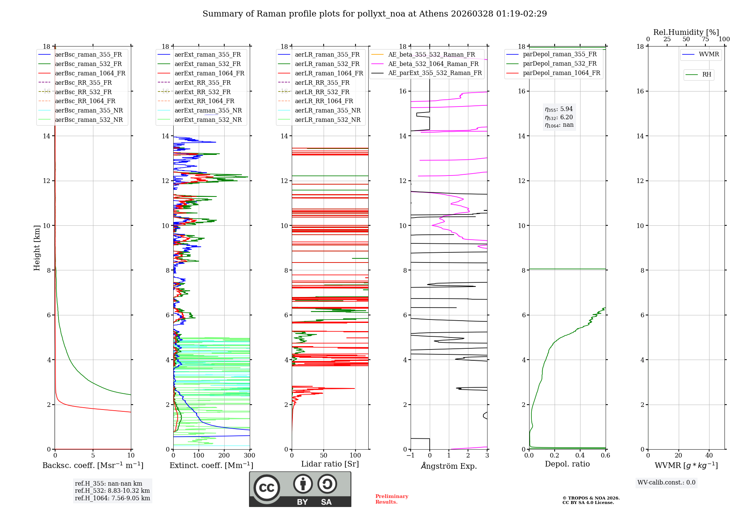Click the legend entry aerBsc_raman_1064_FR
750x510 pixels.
[90, 73]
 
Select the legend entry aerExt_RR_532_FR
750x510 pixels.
[202, 92]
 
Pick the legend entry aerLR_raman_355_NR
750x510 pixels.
[327, 110]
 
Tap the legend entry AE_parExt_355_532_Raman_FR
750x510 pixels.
[435, 73]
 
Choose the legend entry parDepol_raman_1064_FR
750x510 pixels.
[561, 73]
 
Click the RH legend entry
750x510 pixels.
[706, 75]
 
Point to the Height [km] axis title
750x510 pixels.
[37, 248]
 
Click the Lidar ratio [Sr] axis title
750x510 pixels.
[330, 464]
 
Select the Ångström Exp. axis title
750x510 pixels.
[448, 466]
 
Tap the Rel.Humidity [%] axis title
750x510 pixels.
[686, 32]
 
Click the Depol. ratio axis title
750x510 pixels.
[567, 464]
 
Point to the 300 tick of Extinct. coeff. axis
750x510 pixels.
[249, 456]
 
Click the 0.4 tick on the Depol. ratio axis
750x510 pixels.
[580, 456]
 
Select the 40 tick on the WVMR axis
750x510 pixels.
[709, 456]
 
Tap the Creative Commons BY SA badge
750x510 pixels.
[300, 489]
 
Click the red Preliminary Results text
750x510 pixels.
[391, 499]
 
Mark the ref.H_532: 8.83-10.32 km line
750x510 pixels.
[112, 490]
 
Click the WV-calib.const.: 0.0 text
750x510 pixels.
[666, 483]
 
